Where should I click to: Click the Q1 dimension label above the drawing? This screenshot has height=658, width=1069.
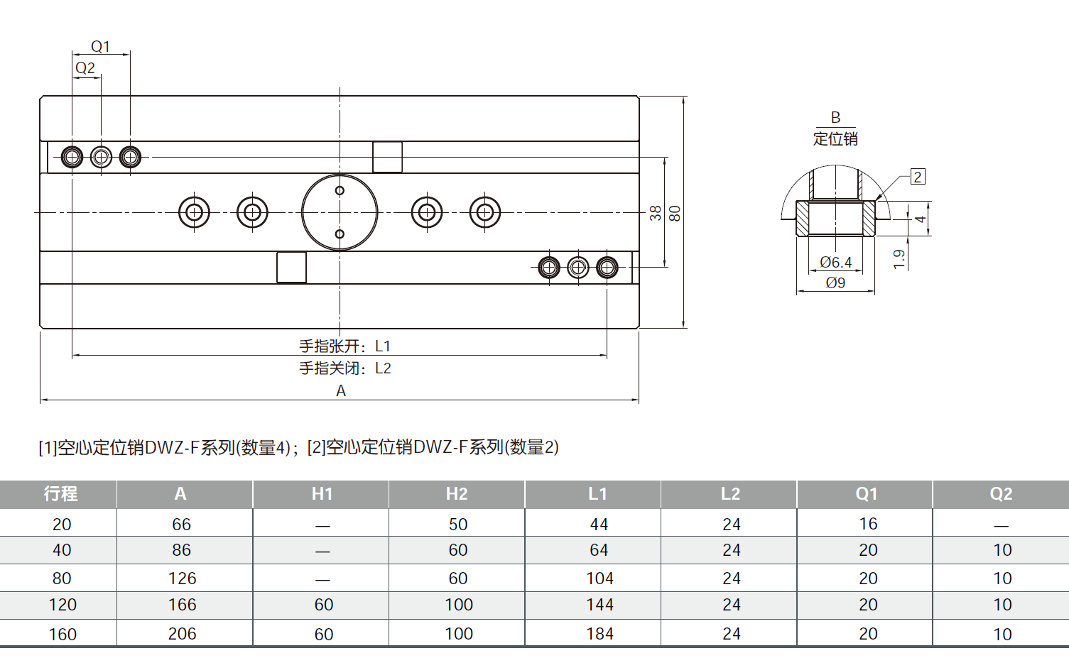coord(101,46)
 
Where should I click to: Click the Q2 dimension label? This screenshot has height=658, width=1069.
coord(85,67)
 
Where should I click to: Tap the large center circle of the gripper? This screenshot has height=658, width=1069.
coord(340,212)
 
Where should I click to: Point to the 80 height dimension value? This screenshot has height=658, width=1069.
coord(675,213)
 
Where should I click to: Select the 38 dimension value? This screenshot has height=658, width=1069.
coord(655,213)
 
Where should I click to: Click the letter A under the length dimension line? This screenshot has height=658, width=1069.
coord(341,390)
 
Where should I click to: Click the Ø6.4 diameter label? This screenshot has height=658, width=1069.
coord(835,262)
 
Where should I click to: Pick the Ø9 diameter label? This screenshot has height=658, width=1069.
coord(835,283)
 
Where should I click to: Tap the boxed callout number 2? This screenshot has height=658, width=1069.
coord(918,177)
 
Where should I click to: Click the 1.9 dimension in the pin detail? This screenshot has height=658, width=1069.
coord(899,259)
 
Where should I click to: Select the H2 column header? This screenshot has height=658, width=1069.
coord(457,494)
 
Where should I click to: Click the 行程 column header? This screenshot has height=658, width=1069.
coord(60,494)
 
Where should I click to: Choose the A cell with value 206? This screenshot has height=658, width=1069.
coord(182,634)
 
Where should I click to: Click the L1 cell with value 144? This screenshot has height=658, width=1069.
coord(599,605)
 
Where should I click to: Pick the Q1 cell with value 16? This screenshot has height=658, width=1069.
coord(868,524)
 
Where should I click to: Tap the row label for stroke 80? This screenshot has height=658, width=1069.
coord(62,579)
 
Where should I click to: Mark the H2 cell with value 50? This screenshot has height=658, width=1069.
coord(458,525)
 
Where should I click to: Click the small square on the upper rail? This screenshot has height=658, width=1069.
coord(387,157)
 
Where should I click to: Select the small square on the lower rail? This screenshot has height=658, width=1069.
coord(291,268)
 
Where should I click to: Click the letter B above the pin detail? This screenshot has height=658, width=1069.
coord(835,117)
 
